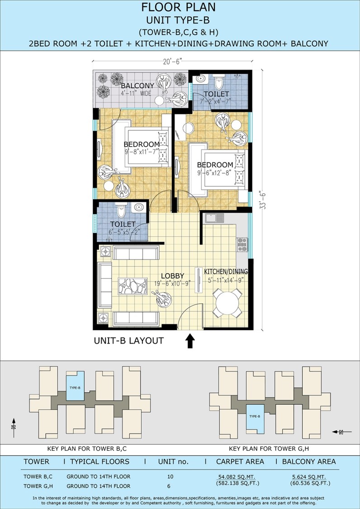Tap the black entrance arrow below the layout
click(190, 342)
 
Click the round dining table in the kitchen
click(227, 303)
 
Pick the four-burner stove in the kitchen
click(242, 245)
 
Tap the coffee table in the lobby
click(133, 286)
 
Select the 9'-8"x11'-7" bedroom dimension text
click(141, 151)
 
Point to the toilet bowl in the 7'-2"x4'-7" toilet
click(219, 83)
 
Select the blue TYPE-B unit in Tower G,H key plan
click(255, 419)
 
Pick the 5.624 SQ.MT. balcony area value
click(309, 476)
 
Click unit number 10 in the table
click(171, 476)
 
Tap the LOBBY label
click(172, 276)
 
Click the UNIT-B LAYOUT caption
click(128, 341)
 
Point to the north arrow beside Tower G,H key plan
click(342, 432)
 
